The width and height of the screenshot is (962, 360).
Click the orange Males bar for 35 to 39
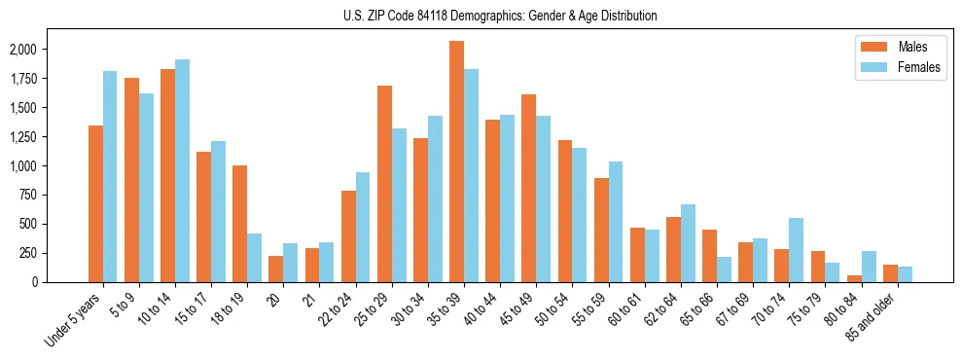coord(456,162)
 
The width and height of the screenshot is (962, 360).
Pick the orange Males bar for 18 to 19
coord(239,224)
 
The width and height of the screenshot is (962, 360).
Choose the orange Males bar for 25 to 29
coord(384,184)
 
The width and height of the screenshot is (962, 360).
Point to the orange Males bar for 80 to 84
coord(854,278)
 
